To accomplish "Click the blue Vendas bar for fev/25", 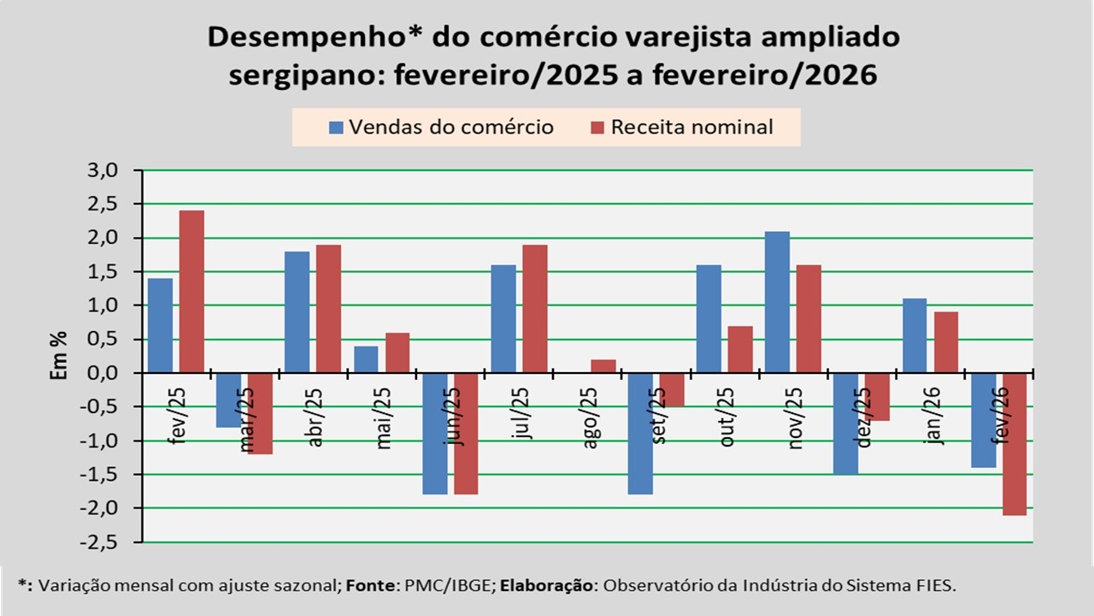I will [160, 325].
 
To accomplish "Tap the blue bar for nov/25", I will [777, 302].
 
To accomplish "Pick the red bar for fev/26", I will [1015, 444].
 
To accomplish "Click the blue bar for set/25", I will [639, 434].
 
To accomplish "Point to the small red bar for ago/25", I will [603, 366].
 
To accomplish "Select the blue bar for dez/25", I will [846, 423].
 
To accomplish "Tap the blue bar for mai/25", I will [366, 359].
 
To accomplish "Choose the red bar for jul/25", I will [535, 309].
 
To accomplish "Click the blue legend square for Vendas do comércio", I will [337, 128].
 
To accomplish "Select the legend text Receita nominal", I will [692, 127].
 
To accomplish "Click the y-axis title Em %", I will [57, 356].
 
